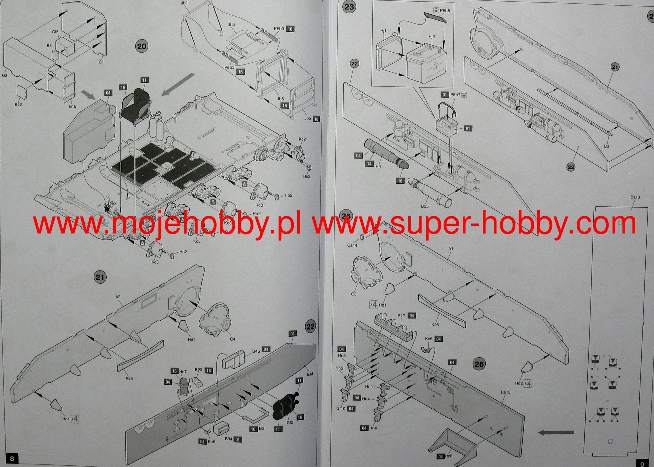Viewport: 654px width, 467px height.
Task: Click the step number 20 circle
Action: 141,46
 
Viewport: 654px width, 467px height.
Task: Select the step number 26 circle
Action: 479,364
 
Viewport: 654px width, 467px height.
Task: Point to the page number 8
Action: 12,459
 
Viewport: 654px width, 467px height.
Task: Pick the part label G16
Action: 72,106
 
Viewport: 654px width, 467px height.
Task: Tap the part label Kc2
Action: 302,139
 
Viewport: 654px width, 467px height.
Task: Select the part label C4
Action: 232,339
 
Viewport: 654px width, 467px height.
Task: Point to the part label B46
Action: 256,351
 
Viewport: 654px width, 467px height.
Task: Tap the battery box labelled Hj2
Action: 423,59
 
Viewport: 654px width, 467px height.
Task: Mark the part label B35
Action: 424,206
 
